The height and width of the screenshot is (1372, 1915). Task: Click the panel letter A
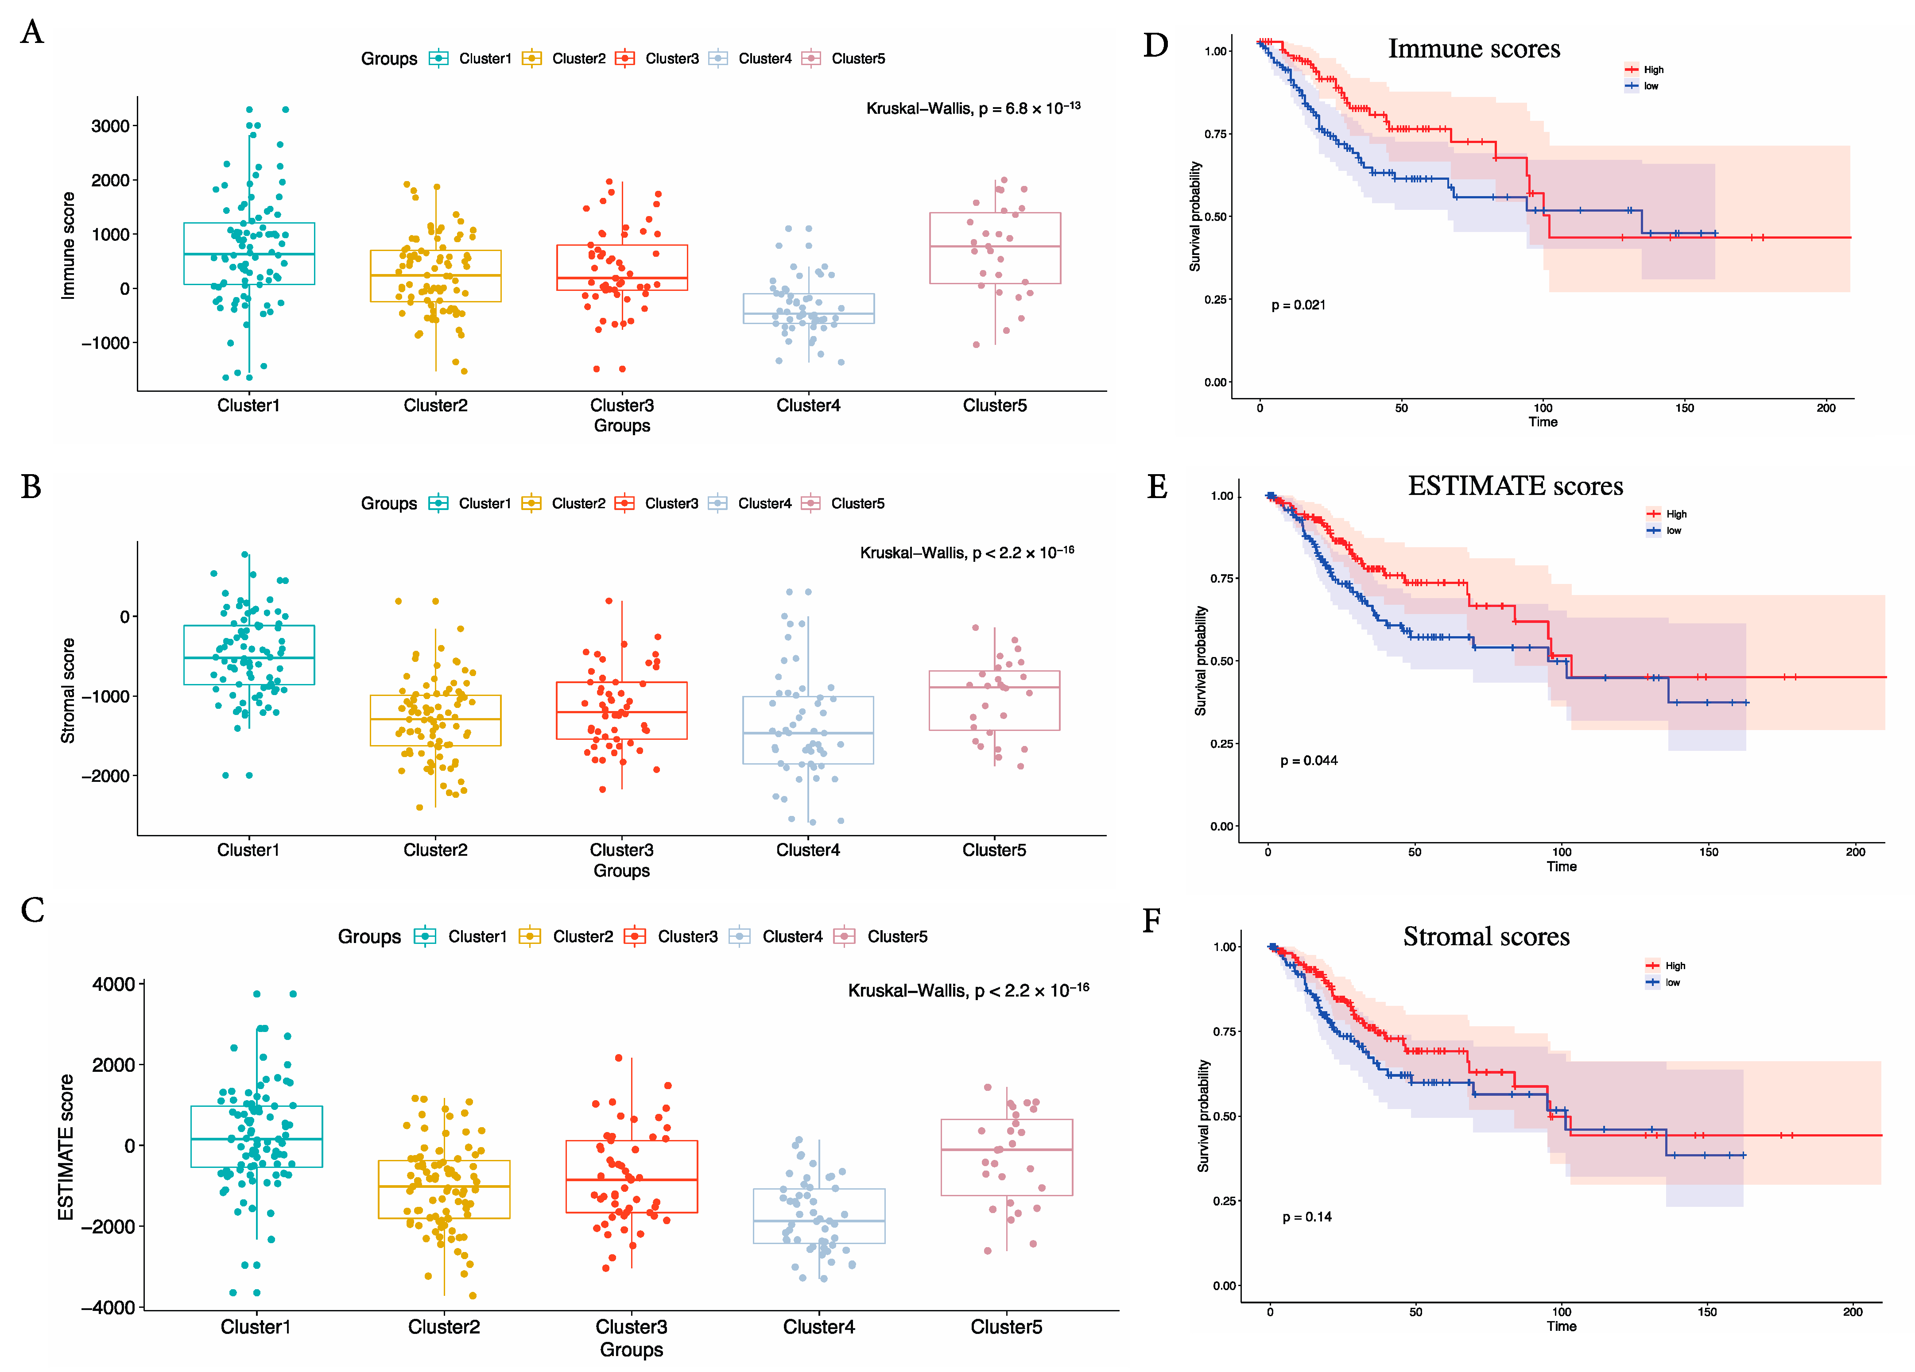32,32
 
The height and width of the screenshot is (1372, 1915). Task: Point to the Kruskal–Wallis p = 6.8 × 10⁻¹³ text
973,108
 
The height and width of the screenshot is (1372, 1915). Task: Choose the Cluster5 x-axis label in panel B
994,850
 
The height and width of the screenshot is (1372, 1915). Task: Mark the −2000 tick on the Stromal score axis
105,776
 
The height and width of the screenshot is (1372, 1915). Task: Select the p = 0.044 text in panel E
1309,761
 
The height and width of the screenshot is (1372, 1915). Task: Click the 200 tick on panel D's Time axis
1826,408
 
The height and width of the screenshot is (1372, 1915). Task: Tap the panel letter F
1151,920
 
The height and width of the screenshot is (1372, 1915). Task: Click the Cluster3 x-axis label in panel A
621,405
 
